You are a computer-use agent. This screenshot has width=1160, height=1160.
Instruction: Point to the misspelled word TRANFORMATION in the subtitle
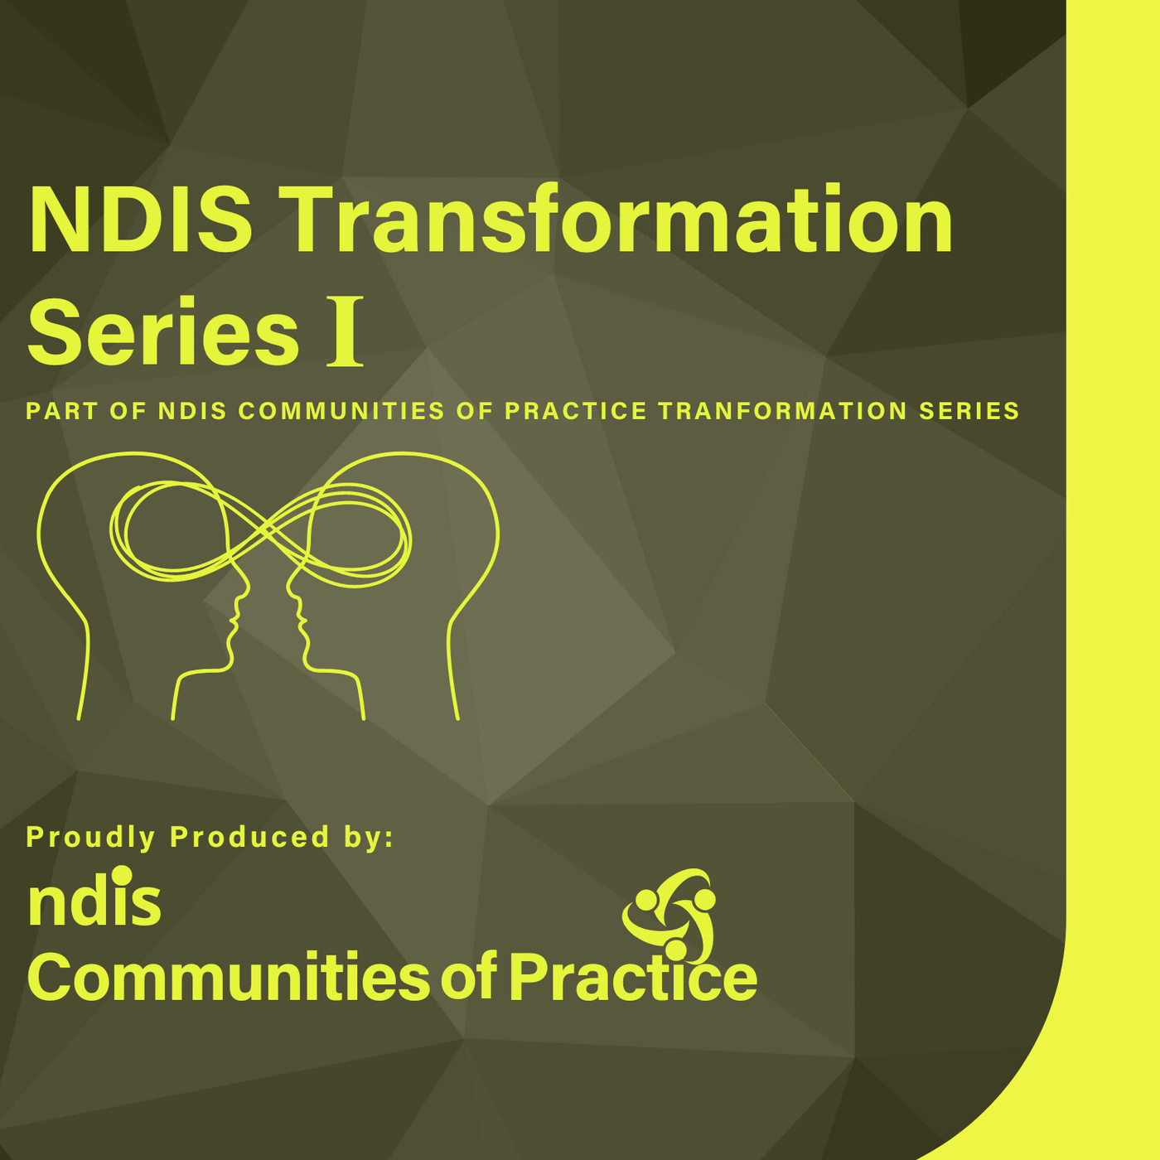point(783,411)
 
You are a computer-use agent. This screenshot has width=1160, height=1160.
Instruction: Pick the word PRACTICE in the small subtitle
point(576,411)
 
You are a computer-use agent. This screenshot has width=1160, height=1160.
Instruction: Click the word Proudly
point(90,837)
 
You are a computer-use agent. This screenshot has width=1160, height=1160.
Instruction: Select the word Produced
point(249,837)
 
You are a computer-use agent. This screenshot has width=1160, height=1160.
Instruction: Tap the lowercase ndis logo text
point(94,901)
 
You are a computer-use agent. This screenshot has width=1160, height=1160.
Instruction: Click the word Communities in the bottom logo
point(229,978)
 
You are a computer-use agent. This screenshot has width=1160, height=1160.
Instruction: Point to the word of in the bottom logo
point(468,978)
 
